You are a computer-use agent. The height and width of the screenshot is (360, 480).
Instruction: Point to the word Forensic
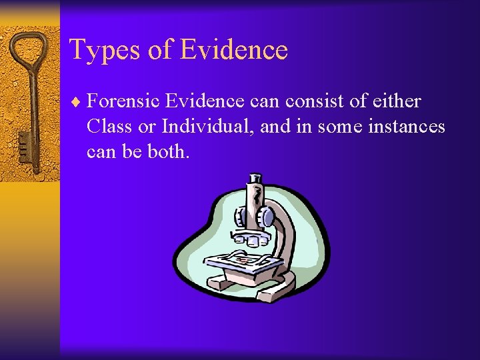pos(123,101)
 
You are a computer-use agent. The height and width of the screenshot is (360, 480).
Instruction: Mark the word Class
pos(109,127)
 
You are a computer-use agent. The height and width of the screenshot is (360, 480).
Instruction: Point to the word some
pos(340,127)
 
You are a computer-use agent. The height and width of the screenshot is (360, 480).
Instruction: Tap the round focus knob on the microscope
pos(266,217)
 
